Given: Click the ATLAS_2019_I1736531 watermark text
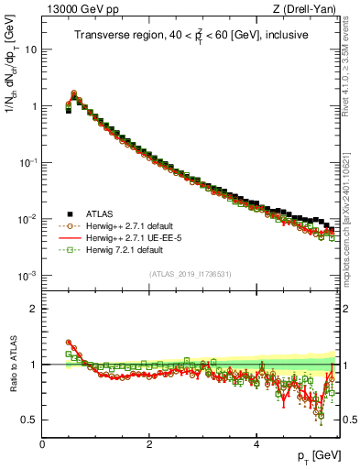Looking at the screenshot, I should pos(191,274).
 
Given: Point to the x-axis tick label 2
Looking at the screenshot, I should pos(149,443).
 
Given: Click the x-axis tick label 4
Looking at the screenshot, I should pos(256,443).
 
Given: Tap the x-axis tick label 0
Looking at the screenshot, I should pos(42,443).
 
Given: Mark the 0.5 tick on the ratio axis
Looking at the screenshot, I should pos(30,420).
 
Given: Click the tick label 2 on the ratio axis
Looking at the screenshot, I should pos(35,309).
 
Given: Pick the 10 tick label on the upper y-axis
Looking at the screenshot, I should pos(31,49).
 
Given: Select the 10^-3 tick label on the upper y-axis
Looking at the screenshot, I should pos(28,276).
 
